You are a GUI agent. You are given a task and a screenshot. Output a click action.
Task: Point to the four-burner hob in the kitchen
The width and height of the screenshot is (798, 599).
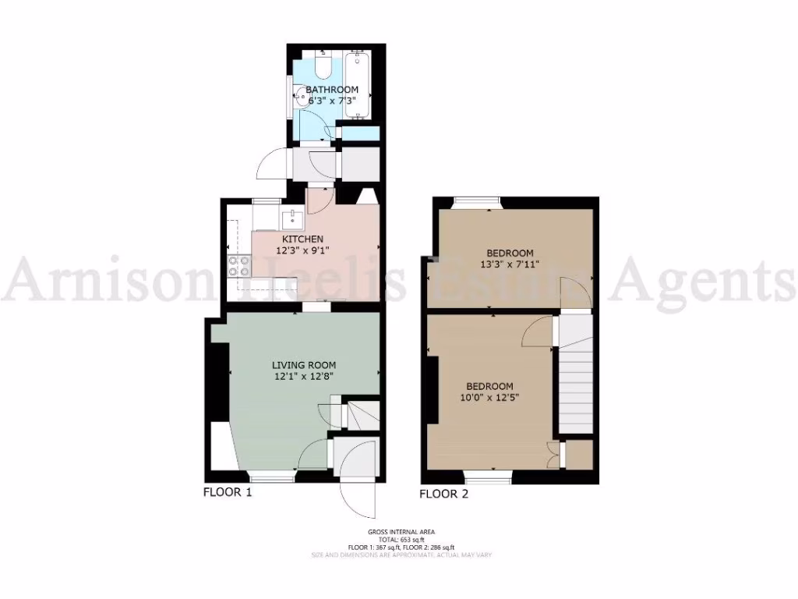pos(238,266)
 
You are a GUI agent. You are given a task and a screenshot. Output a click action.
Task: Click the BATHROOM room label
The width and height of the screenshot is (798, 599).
pos(332,90)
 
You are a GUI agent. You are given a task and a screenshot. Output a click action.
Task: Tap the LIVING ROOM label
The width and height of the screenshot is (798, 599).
pos(304,365)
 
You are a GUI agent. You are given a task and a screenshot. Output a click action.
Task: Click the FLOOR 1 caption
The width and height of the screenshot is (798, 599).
pos(228,492)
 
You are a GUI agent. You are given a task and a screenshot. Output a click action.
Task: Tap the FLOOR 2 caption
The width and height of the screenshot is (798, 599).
pos(444,494)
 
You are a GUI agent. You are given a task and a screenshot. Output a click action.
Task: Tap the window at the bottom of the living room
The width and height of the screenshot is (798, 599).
pos(272,474)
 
